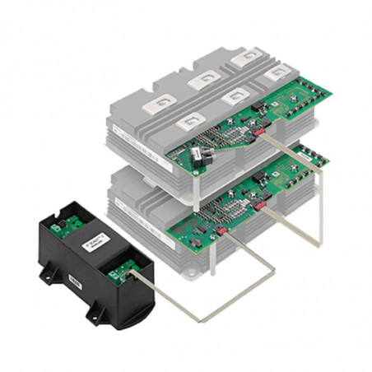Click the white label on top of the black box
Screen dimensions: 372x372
91,244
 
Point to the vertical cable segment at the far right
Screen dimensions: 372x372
320,206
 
